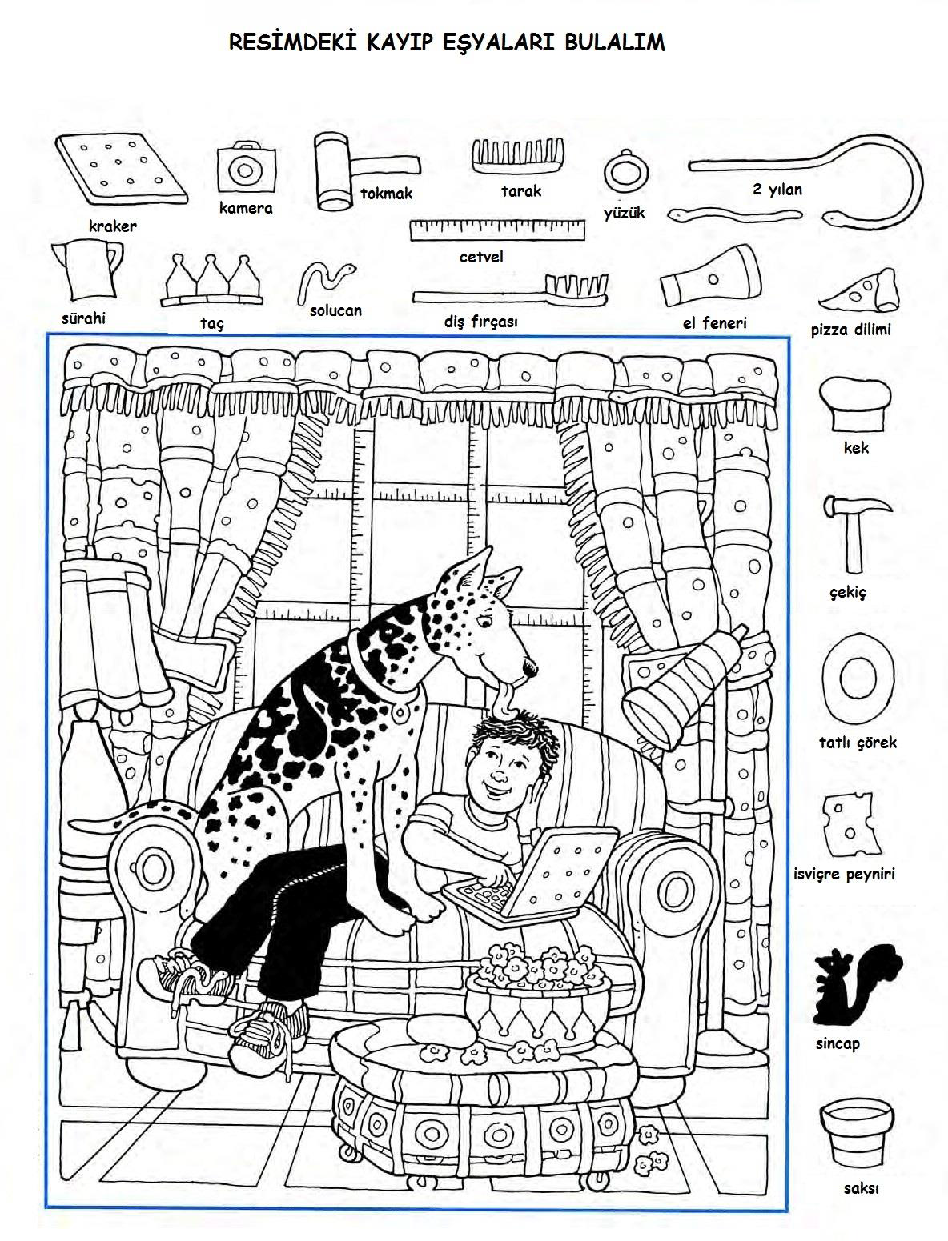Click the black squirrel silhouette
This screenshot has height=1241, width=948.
point(854,987)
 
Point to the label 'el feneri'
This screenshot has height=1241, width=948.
point(714,323)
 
